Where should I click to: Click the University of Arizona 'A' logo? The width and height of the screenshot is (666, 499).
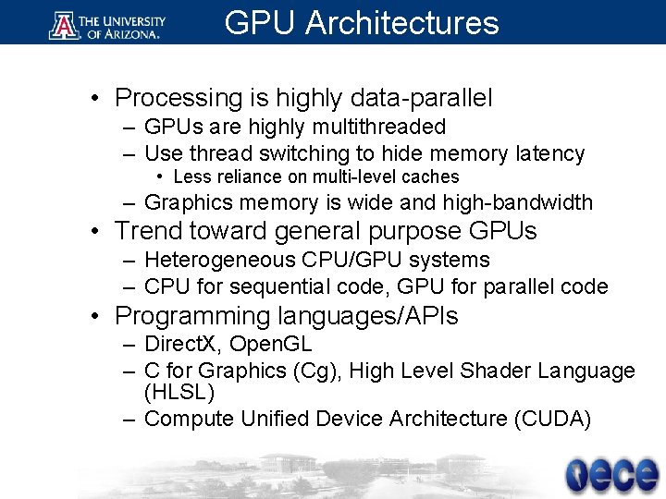[x=64, y=23]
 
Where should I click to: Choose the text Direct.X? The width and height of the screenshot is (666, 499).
[x=183, y=345]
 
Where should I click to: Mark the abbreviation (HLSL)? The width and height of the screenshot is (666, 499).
[x=179, y=393]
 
